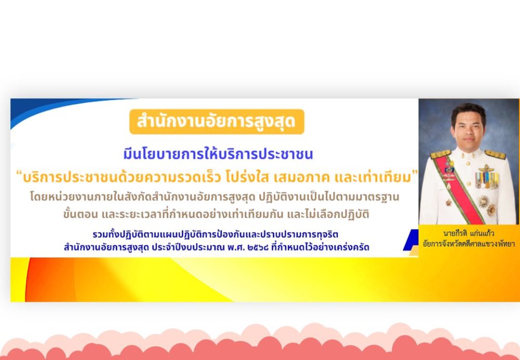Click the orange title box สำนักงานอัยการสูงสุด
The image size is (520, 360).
click(216, 122)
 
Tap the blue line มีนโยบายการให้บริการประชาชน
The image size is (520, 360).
click(218, 155)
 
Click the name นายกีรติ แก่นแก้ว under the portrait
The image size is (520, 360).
click(469, 233)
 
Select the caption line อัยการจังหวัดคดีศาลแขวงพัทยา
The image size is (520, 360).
click(469, 244)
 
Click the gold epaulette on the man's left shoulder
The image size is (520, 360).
click(495, 155)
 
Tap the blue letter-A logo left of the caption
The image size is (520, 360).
click(411, 240)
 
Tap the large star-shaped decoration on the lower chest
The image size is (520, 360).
click(483, 201)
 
